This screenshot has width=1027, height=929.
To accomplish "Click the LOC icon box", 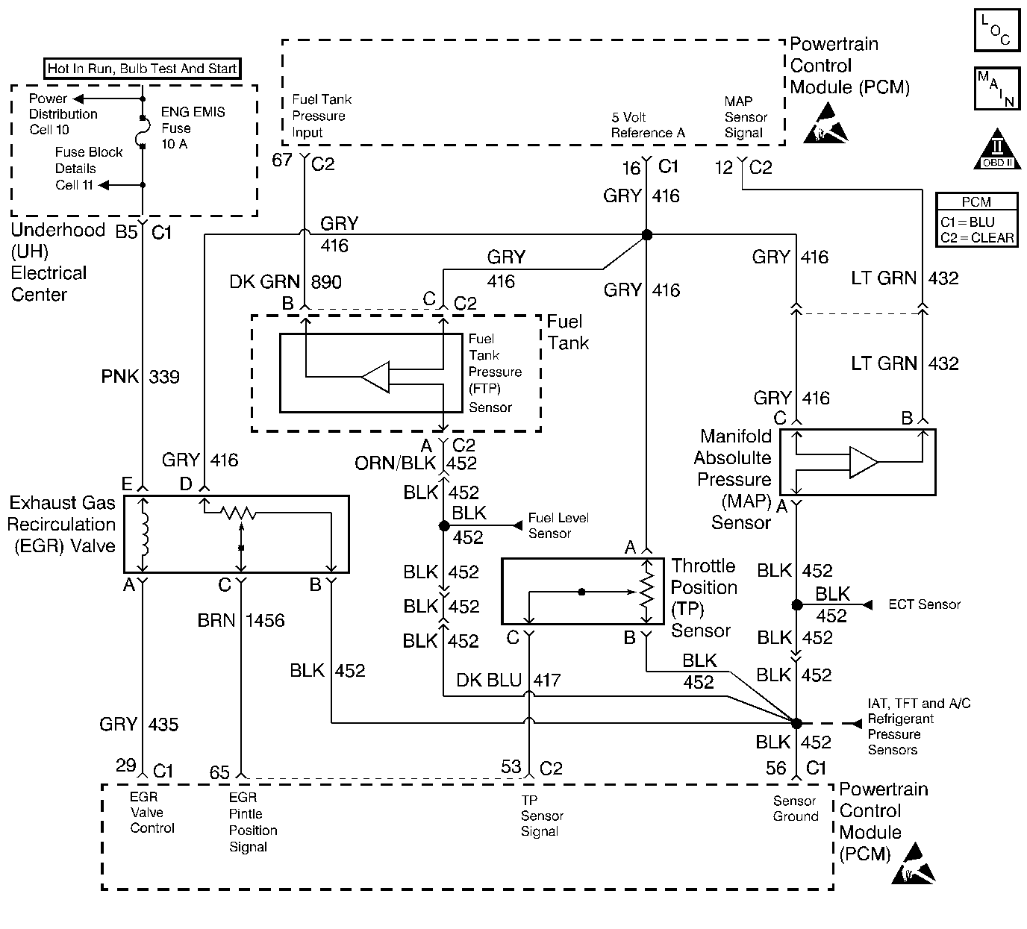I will (996, 31).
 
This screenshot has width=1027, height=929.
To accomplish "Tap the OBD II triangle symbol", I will (997, 151).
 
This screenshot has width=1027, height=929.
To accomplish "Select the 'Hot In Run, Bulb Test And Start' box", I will (142, 69).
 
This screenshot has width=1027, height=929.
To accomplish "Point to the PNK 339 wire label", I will (141, 377).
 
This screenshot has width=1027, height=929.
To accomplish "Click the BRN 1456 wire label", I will (241, 620).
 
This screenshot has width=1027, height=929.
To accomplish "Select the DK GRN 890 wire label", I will (285, 281).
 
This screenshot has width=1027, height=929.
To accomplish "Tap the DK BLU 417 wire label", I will (508, 680).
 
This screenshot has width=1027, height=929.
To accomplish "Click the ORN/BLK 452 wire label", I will (416, 463).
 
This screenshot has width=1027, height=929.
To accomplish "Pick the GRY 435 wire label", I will (139, 724).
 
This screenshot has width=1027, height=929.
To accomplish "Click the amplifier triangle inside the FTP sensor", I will (375, 377).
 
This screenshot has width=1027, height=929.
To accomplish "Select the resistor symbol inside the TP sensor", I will (647, 591).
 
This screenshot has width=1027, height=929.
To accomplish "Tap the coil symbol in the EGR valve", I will (145, 533).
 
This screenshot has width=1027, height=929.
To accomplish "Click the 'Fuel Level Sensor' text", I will (558, 525).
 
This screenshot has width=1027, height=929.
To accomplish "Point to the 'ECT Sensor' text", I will (924, 604).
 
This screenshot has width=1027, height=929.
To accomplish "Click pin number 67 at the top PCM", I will (281, 160).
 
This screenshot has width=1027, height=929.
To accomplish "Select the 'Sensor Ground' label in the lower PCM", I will (796, 808).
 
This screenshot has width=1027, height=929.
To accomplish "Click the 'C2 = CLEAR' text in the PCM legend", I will (977, 238).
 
